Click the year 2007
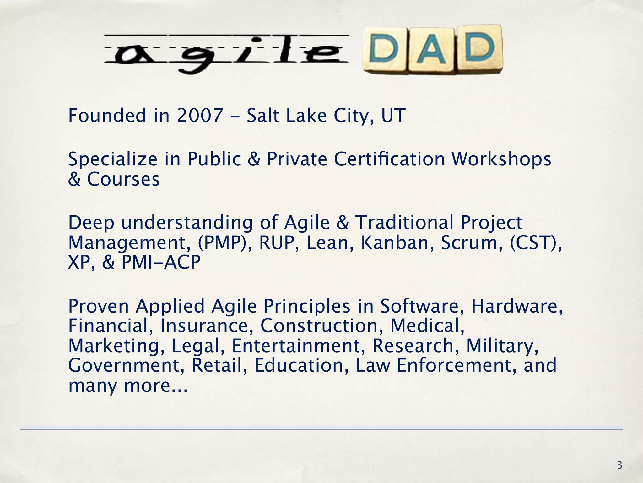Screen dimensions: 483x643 point(200,115)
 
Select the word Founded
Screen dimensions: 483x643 point(107,115)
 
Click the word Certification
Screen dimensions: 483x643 point(389,159)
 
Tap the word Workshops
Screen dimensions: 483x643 point(501,159)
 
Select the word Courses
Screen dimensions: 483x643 point(123,179)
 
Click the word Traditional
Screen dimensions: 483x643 point(405,223)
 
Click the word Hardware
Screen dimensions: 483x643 point(517,306)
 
